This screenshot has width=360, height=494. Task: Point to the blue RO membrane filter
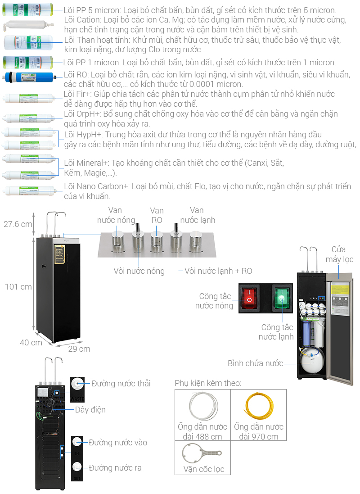(x=30, y=79)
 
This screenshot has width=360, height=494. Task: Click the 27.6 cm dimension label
(x=18, y=224)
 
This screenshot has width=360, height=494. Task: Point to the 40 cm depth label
(x=31, y=342)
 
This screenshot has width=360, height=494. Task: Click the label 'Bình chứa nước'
(x=255, y=363)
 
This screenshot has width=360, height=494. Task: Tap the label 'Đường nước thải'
(x=121, y=384)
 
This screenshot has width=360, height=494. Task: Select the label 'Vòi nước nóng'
(x=139, y=271)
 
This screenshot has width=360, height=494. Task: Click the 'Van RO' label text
(x=157, y=215)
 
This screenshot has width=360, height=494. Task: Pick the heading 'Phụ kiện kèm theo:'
(x=208, y=383)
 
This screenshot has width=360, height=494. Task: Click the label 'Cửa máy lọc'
(x=342, y=254)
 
